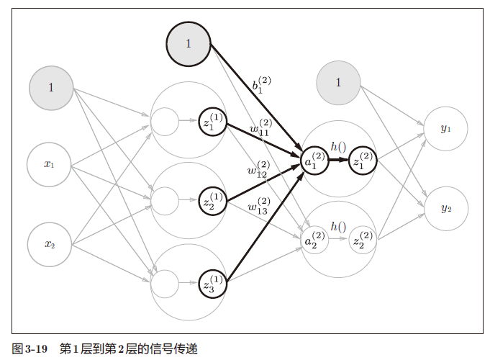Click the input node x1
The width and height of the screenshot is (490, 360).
pos(50,164)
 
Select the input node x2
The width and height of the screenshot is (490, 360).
pos(50,243)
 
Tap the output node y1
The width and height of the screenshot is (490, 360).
pos(445,129)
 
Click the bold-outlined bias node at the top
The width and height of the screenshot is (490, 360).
pos(189,43)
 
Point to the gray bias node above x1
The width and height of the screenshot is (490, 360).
pos(50,88)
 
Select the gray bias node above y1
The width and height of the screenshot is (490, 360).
pos(338,82)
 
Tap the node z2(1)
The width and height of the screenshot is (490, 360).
pos(213,202)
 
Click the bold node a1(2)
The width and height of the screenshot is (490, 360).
pos(315,162)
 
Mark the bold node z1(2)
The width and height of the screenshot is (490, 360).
pos(363,162)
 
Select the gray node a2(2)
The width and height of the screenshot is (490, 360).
pos(315,241)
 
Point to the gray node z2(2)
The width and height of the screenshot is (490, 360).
pos(363,241)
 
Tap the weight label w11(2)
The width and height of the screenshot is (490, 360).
pos(260,127)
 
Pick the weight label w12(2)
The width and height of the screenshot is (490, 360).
pos(258,169)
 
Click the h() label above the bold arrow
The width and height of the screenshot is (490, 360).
pos(338,147)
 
